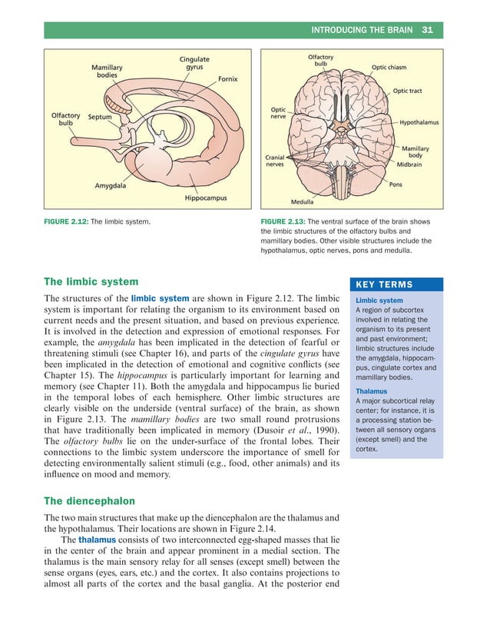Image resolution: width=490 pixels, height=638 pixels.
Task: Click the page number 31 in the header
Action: click(x=428, y=30)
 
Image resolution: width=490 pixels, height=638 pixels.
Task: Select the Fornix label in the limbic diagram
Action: click(x=227, y=78)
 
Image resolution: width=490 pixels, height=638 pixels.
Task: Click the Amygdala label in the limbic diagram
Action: click(x=111, y=185)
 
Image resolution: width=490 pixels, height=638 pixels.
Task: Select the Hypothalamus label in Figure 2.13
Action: click(x=420, y=122)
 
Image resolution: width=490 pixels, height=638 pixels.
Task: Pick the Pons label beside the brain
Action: click(x=396, y=184)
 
